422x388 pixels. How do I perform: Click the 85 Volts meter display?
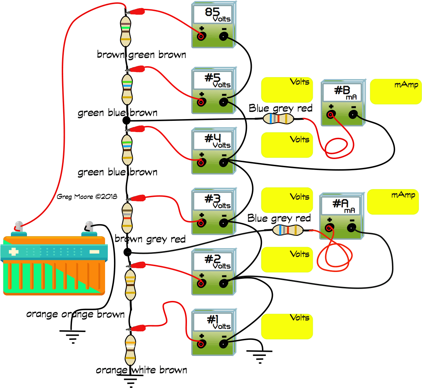[213, 14]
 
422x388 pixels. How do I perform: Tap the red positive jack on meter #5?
[201, 102]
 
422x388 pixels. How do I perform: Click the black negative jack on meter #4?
[223, 162]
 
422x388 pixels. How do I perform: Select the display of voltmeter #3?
[213, 201]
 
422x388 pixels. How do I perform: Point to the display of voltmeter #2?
[213, 261]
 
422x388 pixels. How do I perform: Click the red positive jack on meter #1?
[201, 344]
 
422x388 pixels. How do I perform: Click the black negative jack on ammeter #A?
[351, 228]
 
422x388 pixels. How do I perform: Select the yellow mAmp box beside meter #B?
[395, 91]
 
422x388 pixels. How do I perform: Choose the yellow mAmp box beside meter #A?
[393, 202]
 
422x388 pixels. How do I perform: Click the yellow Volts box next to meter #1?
[287, 327]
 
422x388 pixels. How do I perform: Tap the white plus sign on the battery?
[14, 252]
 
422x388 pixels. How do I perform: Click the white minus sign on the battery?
[94, 252]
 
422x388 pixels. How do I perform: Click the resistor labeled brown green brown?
[126, 31]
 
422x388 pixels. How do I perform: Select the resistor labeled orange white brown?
[130, 350]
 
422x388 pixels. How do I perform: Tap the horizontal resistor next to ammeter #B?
[278, 118]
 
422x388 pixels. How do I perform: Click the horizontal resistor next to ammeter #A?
[288, 230]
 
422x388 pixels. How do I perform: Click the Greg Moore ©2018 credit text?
[87, 197]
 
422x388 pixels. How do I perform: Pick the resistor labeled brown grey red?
[127, 218]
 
